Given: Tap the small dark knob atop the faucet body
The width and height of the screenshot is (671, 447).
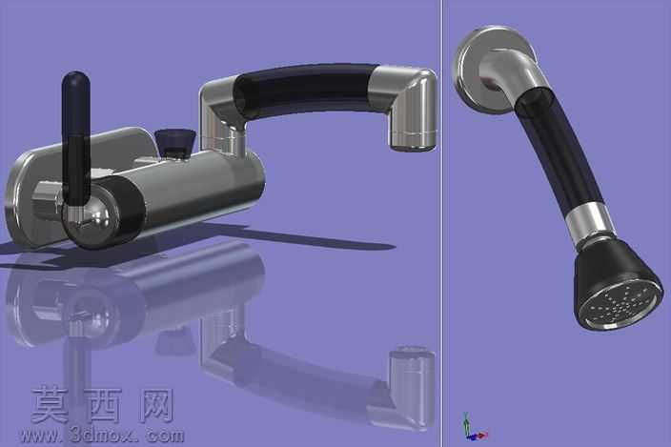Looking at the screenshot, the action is pyautogui.click(x=175, y=142).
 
